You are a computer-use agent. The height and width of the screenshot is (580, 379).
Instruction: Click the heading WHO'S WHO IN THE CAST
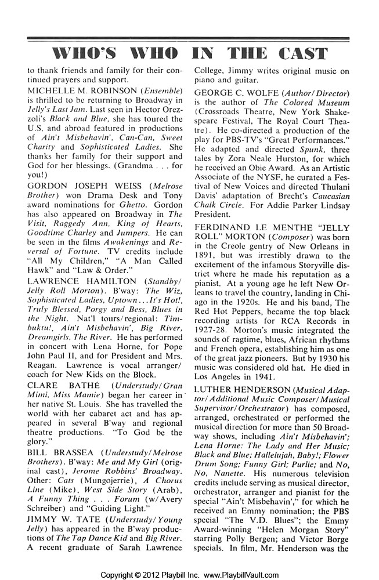point(189,55)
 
